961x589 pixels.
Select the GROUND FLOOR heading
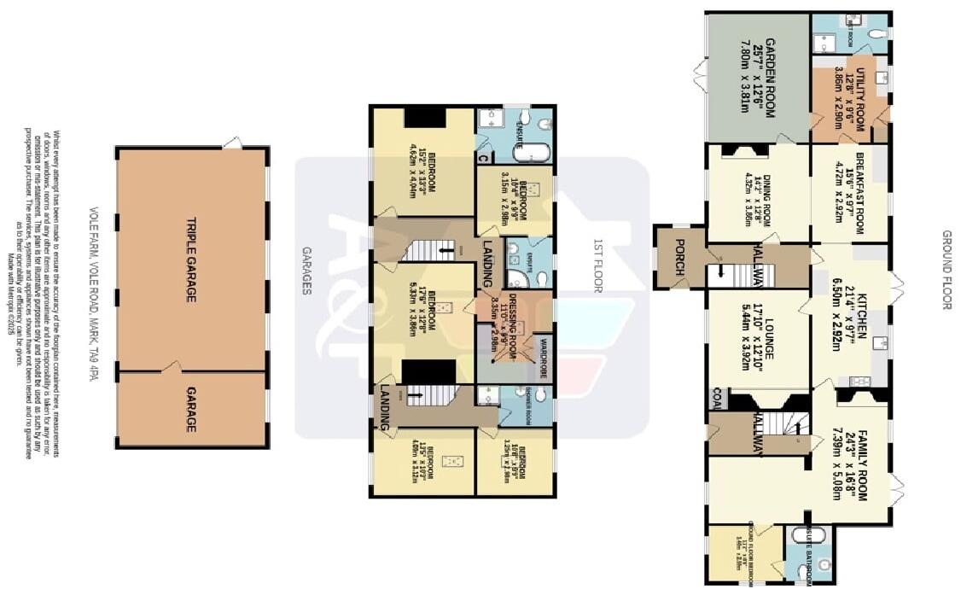(946, 270)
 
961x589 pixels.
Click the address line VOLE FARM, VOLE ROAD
(93, 294)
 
